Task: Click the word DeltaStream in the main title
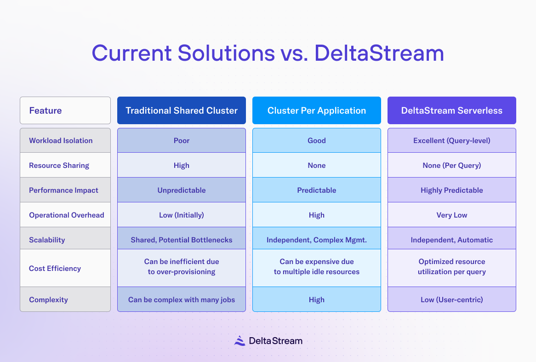pyautogui.click(x=379, y=53)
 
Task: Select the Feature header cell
pyautogui.click(x=65, y=110)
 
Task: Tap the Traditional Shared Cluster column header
pyautogui.click(x=182, y=110)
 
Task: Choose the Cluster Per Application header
pyautogui.click(x=317, y=110)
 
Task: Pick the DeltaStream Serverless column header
pyautogui.click(x=451, y=110)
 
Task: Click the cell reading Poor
pyautogui.click(x=182, y=140)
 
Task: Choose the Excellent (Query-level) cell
pyautogui.click(x=451, y=140)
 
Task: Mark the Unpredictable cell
pyautogui.click(x=182, y=190)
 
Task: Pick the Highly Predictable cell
pyautogui.click(x=451, y=190)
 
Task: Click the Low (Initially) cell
pyautogui.click(x=182, y=215)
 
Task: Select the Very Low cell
pyautogui.click(x=451, y=215)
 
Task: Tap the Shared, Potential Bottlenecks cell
pyautogui.click(x=182, y=240)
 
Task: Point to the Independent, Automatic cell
pyautogui.click(x=451, y=240)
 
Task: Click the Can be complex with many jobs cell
pyautogui.click(x=182, y=299)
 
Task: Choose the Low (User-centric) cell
pyautogui.click(x=451, y=299)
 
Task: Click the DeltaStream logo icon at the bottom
pyautogui.click(x=239, y=341)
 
